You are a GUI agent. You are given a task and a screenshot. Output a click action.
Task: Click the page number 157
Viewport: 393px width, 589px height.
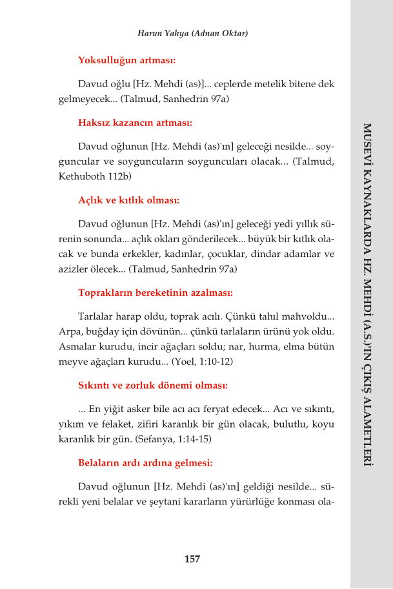(192, 559)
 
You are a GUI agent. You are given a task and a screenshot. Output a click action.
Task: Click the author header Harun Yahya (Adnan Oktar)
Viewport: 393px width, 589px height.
(193, 33)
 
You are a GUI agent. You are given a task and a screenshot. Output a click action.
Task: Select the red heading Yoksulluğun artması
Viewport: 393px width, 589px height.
(126, 60)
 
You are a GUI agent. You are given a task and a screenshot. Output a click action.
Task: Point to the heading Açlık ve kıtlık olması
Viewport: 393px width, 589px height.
(128, 200)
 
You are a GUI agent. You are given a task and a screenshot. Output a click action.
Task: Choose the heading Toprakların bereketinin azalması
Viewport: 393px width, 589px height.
(155, 292)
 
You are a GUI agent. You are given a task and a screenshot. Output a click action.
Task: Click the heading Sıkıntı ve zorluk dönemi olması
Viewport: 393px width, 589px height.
(153, 386)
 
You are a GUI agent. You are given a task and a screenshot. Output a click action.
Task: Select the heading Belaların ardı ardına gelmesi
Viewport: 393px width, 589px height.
(145, 463)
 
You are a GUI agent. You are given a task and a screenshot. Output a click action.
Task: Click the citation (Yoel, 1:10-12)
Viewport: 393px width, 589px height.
(202, 362)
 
